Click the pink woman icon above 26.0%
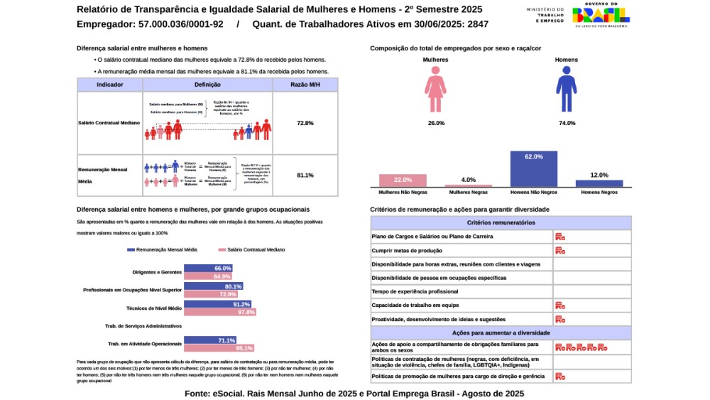(436, 93)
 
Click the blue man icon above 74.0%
(566, 93)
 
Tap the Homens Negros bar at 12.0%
(599, 183)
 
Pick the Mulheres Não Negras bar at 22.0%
(403, 180)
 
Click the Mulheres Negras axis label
(468, 193)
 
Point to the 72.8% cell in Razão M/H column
(305, 123)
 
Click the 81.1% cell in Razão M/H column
(305, 175)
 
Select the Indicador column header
(110, 85)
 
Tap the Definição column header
(207, 85)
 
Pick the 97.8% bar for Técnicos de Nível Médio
(220, 312)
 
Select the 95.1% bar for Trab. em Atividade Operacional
(219, 348)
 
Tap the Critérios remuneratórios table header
(501, 222)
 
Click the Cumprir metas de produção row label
(407, 250)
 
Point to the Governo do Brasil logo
(601, 14)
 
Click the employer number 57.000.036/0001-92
(181, 24)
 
